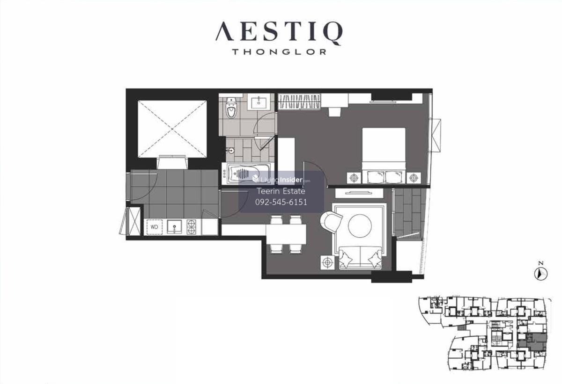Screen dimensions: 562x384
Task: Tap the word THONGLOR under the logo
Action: coord(279,52)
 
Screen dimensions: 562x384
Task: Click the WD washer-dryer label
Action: coord(154,227)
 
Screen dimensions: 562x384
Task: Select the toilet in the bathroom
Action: coord(231,108)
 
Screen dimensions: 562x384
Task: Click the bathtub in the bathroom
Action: coord(247,174)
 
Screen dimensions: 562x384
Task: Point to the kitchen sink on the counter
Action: coord(175,227)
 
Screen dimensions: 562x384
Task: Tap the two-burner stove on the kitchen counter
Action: coord(192,227)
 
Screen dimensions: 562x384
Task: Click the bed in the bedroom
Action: coord(384,156)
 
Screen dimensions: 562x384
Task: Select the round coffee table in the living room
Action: coord(360,226)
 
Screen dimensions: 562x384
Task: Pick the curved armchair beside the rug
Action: coord(331,221)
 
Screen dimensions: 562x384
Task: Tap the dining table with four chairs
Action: coord(286,234)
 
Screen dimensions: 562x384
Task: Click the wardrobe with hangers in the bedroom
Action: coord(299,101)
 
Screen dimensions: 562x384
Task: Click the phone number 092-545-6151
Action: coord(281,202)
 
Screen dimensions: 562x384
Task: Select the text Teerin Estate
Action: coord(281,191)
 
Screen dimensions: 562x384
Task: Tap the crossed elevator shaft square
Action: coord(172,129)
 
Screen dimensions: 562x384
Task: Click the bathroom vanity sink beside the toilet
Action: coord(259,102)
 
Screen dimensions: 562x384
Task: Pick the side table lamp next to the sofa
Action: coord(327,262)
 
